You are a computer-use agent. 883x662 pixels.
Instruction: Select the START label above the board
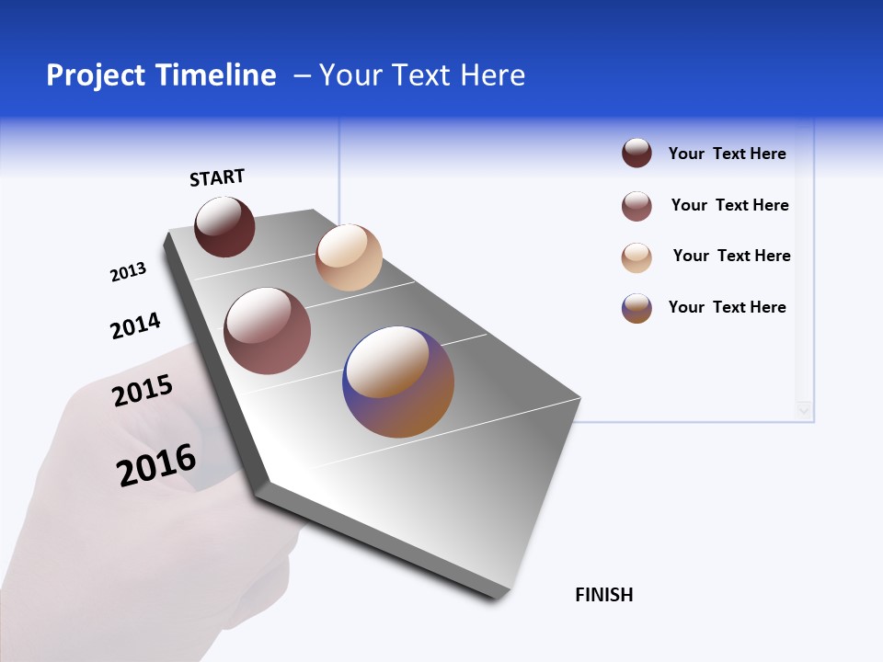[x=217, y=177]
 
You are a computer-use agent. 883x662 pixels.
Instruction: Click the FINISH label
[x=604, y=595]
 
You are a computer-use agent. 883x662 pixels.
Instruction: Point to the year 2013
[x=128, y=272]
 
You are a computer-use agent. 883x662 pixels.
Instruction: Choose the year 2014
[x=135, y=325]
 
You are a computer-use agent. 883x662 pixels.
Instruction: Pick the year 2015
[x=143, y=391]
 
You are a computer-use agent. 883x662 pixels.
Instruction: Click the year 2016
[x=156, y=465]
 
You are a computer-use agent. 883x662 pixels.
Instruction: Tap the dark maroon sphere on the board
[x=224, y=226]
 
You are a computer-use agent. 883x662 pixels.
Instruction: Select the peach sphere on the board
[x=349, y=257]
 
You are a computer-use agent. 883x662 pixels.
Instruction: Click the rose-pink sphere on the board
[x=268, y=331]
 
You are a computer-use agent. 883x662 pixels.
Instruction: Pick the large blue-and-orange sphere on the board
[x=398, y=382]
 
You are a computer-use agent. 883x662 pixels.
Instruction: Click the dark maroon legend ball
[x=636, y=154]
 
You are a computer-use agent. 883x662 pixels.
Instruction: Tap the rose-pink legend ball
[x=636, y=206]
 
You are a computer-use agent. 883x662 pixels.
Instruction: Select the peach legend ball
[x=636, y=257]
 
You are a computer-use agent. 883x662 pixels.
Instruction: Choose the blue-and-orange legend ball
[x=636, y=308]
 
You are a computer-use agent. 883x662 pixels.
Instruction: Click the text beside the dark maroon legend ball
[x=727, y=154]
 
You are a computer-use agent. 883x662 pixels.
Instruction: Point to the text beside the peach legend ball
[x=731, y=256]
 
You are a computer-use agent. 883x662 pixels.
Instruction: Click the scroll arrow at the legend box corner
[x=805, y=410]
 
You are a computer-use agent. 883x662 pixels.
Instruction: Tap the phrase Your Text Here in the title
[x=422, y=75]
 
